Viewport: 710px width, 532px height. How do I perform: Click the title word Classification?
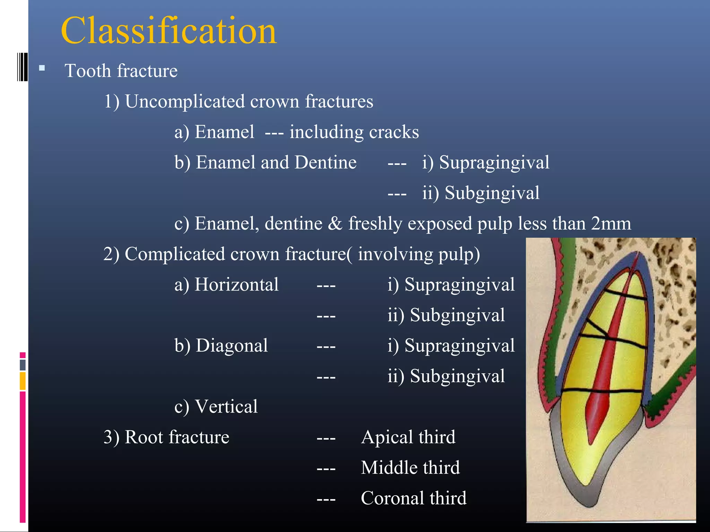(168, 31)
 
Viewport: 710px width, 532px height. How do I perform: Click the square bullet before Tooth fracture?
(42, 68)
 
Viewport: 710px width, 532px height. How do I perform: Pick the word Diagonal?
(232, 346)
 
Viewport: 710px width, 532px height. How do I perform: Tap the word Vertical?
(226, 407)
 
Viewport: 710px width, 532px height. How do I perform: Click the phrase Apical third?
(408, 437)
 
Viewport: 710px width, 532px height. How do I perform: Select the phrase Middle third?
(410, 468)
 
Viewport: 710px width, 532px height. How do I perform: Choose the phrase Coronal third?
(414, 498)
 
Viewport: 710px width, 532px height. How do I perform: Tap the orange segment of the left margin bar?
(23, 381)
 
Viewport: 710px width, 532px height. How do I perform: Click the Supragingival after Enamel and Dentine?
(494, 162)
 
